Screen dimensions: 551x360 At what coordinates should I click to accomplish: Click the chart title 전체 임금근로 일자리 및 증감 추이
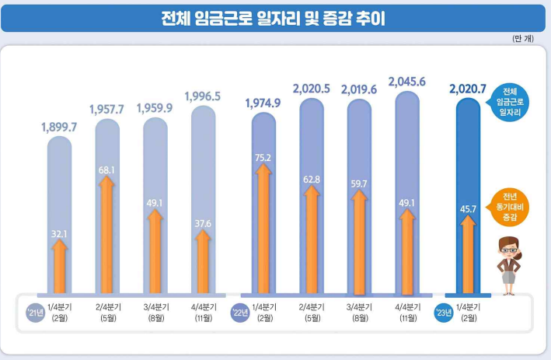273,19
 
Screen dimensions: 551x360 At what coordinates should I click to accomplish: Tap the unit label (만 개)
523,38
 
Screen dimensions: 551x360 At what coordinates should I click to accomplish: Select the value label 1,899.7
59,127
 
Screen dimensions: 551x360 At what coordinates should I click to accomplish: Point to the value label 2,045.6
407,82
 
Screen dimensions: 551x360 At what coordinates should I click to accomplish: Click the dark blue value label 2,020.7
468,89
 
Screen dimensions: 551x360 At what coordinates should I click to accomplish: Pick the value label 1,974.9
263,103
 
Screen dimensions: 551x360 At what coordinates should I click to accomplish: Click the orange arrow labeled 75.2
263,229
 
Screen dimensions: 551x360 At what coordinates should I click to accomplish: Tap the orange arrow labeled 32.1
59,267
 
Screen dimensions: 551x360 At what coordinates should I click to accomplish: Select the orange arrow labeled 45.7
468,254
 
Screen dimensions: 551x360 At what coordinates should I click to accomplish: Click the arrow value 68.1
106,170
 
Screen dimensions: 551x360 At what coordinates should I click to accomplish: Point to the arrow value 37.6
203,224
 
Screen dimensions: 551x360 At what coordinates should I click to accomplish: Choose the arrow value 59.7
359,183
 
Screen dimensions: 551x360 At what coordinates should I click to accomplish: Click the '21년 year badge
36,313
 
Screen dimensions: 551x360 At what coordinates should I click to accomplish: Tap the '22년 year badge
240,313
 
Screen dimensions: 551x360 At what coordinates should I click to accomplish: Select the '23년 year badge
444,313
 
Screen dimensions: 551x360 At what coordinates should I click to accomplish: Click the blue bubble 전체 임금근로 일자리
509,103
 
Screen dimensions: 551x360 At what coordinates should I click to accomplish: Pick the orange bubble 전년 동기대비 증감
509,207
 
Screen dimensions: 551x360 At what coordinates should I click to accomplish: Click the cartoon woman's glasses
509,250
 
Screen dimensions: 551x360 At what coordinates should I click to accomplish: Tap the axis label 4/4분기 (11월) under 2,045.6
408,313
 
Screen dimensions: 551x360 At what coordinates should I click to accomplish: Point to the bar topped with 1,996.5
203,199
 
